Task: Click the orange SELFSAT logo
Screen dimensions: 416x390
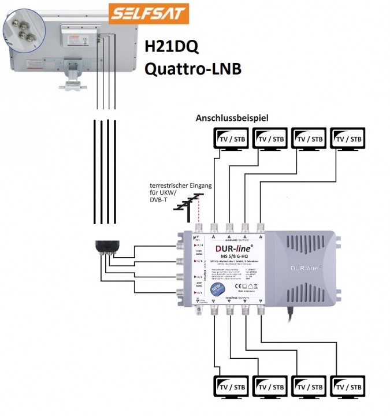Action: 148,12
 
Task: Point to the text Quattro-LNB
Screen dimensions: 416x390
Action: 192,69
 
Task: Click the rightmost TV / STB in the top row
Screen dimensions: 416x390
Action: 348,139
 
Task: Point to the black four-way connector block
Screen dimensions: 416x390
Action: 109,246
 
